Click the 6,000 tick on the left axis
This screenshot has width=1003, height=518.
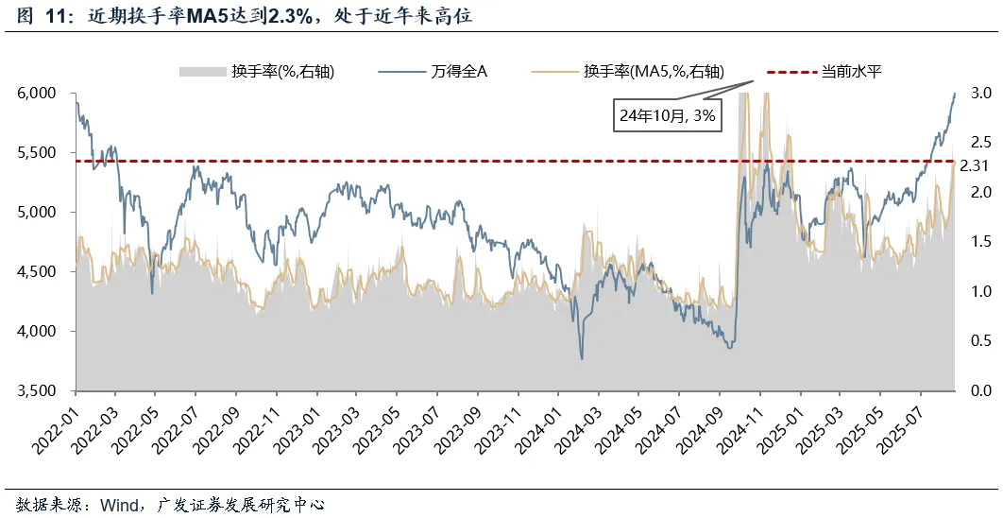pos(40,94)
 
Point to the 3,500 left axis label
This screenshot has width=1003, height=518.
pos(40,391)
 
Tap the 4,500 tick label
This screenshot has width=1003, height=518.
pos(40,272)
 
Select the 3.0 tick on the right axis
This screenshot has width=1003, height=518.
pos(980,94)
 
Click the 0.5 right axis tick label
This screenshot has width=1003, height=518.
pos(980,341)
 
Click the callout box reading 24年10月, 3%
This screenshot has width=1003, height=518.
pos(668,116)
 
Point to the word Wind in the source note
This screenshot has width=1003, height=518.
pos(123,503)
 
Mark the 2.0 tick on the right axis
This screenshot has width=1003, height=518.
pos(980,193)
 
